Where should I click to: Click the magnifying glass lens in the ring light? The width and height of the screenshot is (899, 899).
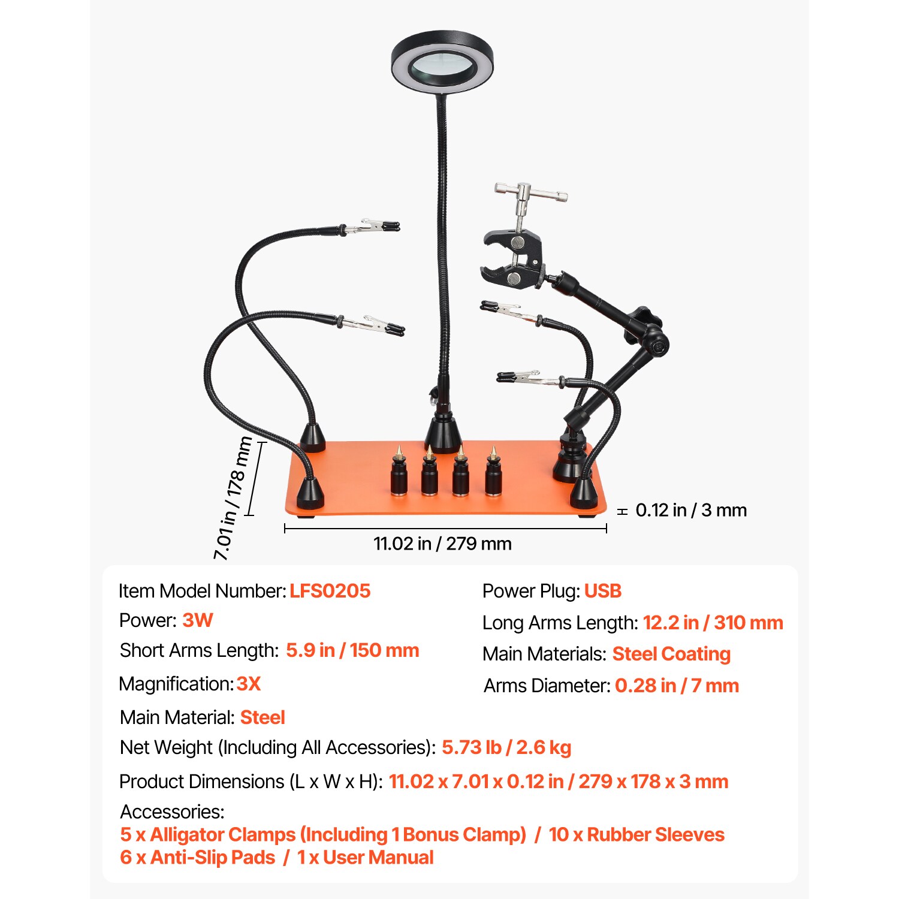pos(442,64)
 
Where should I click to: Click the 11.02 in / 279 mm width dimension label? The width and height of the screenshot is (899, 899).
pos(442,544)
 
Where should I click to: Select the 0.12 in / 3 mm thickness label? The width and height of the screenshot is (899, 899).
pos(690,510)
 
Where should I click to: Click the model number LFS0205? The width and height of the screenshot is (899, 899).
pos(330,591)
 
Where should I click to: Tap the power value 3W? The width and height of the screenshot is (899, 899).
pos(197,620)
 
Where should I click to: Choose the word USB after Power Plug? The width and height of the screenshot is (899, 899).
pos(602,591)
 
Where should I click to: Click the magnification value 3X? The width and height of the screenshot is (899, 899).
pos(249,684)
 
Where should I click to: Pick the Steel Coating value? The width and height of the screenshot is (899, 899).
pos(671,654)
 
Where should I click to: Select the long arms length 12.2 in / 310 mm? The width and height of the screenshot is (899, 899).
pos(713,623)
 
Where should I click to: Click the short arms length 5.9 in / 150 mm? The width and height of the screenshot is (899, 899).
pos(352,650)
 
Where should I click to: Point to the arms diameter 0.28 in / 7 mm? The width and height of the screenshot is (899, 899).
pos(677,686)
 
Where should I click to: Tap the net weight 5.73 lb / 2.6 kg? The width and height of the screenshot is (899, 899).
pos(506,747)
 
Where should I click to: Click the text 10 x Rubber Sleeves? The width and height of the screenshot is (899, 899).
pos(636,834)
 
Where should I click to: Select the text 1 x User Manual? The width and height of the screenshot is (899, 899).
pos(365,858)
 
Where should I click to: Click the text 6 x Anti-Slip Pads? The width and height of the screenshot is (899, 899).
pos(197,858)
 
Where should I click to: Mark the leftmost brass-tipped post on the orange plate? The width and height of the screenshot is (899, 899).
pos(399,473)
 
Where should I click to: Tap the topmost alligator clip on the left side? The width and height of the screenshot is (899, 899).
pos(375,227)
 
